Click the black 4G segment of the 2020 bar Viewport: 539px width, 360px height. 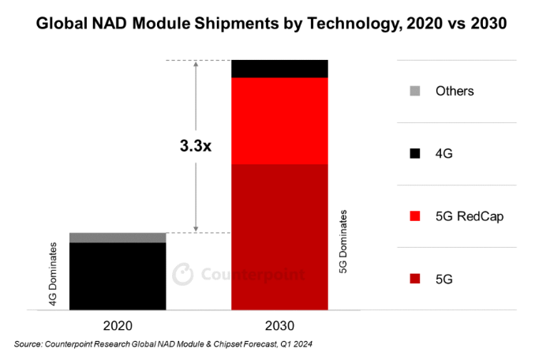(x=118, y=276)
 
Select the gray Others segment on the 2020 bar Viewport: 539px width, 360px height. (x=118, y=238)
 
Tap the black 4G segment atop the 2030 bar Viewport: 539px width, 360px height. (x=279, y=69)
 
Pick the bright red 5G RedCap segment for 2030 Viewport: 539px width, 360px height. (x=279, y=121)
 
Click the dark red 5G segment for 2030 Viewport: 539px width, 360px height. (x=279, y=237)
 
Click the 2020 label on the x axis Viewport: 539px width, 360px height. (x=118, y=324)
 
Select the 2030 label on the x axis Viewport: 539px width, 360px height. (x=279, y=324)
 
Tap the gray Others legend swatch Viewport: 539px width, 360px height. (x=417, y=91)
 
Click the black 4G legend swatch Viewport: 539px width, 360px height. (x=417, y=153)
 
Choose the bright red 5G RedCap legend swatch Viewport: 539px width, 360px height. (x=417, y=216)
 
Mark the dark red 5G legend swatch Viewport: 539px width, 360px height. (x=417, y=278)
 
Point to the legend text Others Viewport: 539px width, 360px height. (x=455, y=91)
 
